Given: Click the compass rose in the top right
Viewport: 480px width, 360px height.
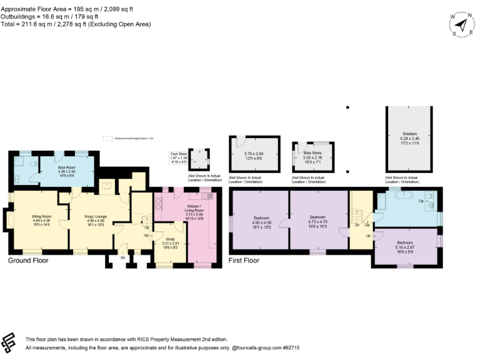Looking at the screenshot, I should point(461,24).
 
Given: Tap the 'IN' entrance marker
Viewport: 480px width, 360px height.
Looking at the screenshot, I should point(122,256).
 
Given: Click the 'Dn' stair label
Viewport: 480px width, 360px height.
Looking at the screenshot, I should point(357,224).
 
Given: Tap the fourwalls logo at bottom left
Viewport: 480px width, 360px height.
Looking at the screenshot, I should point(10,343).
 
